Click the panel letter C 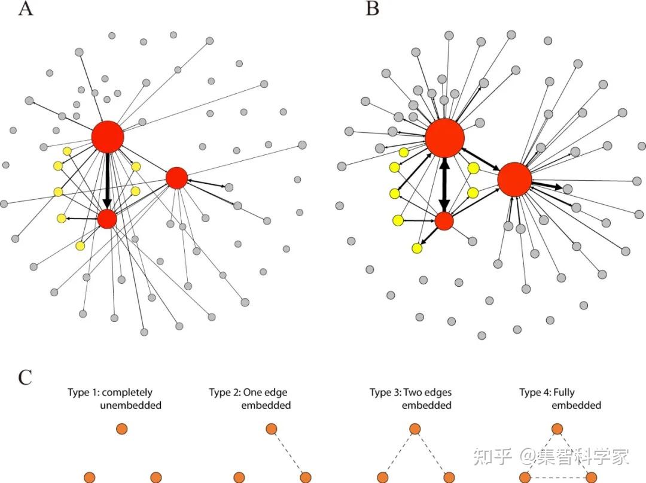(x=25, y=377)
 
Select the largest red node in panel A (x=108, y=137)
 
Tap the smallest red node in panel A (x=107, y=219)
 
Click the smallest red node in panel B (x=444, y=221)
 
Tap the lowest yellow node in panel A (x=80, y=245)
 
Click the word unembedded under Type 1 (x=130, y=405)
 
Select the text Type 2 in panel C (x=224, y=393)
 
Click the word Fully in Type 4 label (x=563, y=393)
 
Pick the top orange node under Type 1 (x=122, y=429)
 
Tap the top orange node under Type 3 (x=415, y=429)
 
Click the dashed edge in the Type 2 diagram (x=288, y=452)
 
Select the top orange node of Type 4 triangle (x=557, y=429)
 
